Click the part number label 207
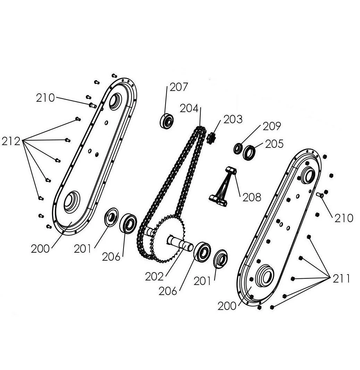179,87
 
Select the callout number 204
189,109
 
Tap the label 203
233,119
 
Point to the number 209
272,126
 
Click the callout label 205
274,144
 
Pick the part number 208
252,197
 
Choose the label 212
11,141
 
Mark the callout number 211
341,279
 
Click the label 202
154,277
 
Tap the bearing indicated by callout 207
167,121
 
